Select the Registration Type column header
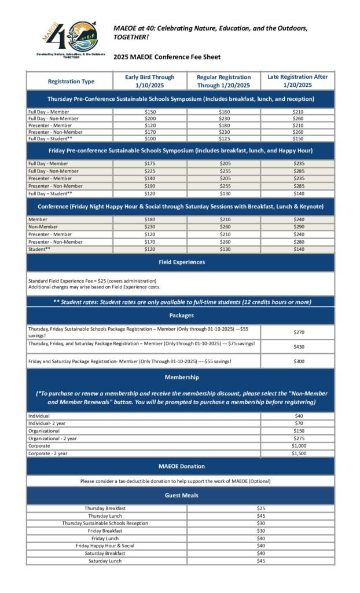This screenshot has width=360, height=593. click(71, 82)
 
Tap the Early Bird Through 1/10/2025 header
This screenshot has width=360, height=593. click(149, 81)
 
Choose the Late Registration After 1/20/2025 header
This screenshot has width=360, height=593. click(297, 81)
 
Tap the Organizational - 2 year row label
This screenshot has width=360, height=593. click(53, 438)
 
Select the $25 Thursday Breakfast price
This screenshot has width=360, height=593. click(260, 508)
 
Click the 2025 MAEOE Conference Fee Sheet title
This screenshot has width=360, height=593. click(167, 57)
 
